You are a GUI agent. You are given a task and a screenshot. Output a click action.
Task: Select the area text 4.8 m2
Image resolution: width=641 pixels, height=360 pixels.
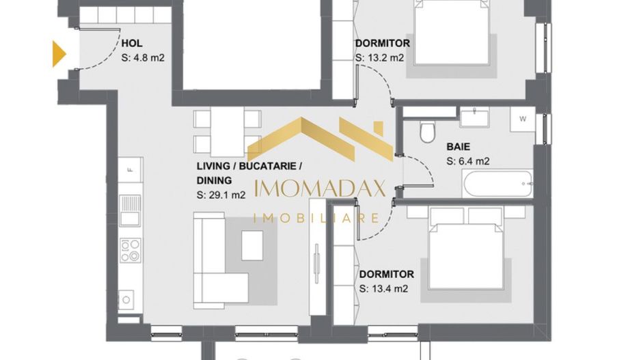click(143, 58)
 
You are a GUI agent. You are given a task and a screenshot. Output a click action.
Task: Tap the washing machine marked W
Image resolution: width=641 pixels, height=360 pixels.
click(523, 119)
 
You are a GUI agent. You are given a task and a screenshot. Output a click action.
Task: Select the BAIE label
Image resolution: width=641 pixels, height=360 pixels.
click(458, 146)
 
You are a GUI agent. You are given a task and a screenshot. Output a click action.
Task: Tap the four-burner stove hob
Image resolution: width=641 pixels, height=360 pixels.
click(130, 249)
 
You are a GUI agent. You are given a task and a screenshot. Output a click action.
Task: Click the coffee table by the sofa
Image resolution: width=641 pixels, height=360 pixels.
click(252, 242)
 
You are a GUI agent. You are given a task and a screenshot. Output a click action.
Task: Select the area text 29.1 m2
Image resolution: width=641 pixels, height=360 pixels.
click(221, 195)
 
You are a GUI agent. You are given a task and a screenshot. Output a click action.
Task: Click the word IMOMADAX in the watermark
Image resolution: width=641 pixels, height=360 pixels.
click(320, 189)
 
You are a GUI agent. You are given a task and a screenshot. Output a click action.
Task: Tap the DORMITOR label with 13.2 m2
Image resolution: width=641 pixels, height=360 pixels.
click(383, 44)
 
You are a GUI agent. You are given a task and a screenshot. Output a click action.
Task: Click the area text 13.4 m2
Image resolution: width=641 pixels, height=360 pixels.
click(383, 288)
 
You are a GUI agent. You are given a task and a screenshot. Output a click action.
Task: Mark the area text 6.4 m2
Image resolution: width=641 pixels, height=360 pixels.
click(468, 162)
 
